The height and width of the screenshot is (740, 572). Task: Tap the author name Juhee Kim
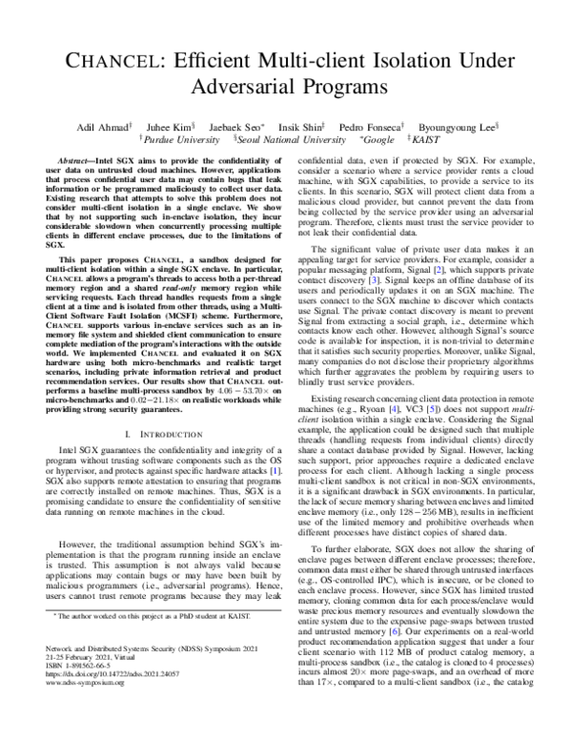(x=169, y=126)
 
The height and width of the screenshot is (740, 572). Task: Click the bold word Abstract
(x=80, y=163)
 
